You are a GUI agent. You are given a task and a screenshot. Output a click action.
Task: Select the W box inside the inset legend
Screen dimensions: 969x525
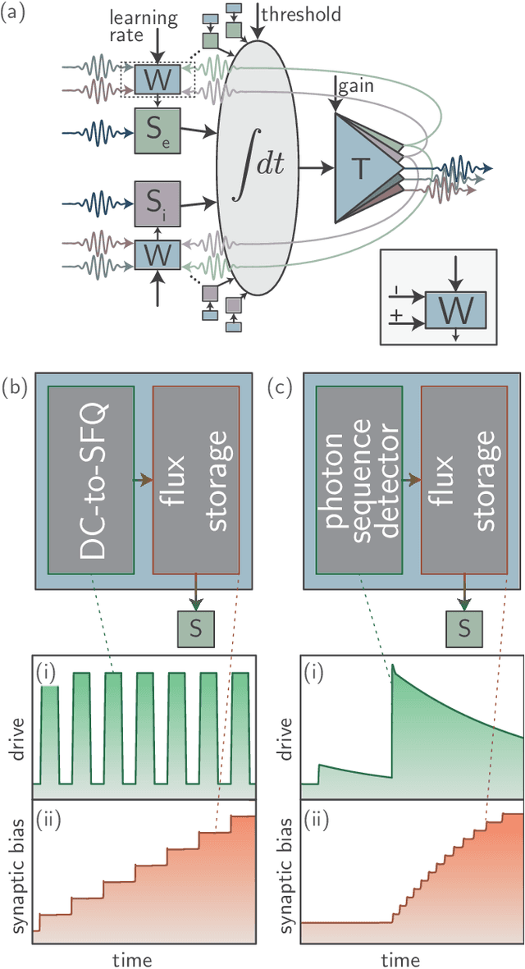[454, 309]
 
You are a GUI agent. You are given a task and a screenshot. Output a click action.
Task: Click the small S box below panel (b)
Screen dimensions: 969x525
[196, 628]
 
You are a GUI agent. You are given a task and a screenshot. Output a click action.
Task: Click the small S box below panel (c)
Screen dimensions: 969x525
[463, 628]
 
